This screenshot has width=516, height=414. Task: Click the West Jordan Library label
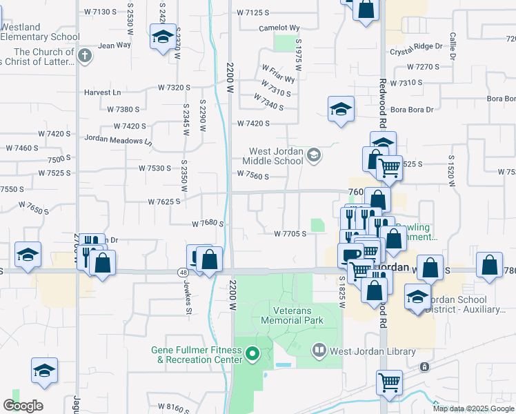373,351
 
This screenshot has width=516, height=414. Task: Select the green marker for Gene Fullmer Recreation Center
252,355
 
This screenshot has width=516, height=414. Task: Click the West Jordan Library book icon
319,351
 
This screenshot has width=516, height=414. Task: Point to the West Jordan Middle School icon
314,155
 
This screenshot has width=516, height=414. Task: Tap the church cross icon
84,56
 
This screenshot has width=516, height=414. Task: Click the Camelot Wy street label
279,28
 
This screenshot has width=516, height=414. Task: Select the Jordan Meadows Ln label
118,138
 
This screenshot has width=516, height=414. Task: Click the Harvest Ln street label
102,92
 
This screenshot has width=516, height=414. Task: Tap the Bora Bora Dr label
411,109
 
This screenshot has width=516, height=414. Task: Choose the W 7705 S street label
290,234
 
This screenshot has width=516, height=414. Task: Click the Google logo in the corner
23,406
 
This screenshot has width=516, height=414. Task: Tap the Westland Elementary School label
40,32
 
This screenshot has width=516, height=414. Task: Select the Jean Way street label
115,46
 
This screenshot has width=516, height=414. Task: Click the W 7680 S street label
209,223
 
